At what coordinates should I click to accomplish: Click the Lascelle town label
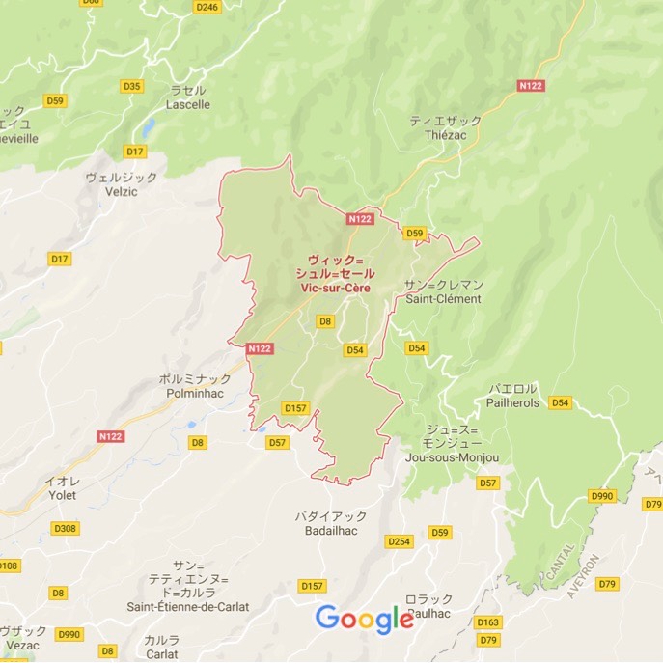[189, 104]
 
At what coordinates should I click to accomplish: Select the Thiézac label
[445, 136]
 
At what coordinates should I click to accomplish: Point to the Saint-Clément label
[443, 298]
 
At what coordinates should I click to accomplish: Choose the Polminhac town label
[195, 395]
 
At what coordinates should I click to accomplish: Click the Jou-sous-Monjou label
[453, 456]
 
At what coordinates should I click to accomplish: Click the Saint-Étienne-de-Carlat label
[188, 606]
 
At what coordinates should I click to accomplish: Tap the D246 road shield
[207, 6]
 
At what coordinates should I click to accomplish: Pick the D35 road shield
[132, 86]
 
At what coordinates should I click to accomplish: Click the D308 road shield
[66, 528]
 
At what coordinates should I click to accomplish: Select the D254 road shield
[399, 541]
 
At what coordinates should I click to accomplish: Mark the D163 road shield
[488, 622]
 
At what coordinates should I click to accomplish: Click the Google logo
[365, 620]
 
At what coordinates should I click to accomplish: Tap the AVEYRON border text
[584, 576]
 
